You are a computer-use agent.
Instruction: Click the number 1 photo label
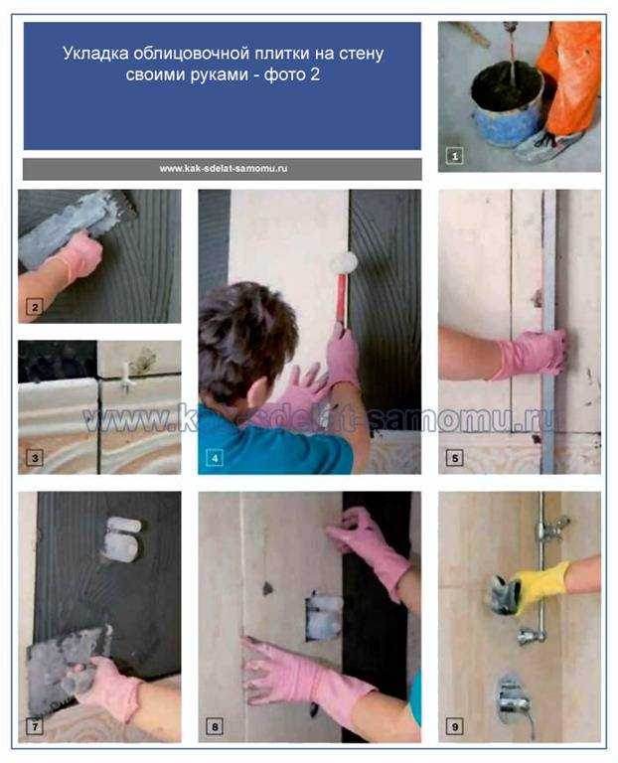coord(454,156)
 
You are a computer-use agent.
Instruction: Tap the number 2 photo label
coord(35,308)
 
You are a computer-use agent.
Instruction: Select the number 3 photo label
coord(35,458)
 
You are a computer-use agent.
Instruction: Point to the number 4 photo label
coord(215,458)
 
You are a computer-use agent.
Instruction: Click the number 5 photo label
coord(454,458)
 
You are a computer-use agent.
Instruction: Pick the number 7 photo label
coord(35,727)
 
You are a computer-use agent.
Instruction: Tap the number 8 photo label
coord(215,727)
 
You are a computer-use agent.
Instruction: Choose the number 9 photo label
coord(454,727)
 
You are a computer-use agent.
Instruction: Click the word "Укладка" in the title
coord(95,54)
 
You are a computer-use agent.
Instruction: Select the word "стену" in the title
coord(361,54)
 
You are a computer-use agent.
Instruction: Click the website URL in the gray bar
coord(223,169)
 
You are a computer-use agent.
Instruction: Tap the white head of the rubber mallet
coord(344,263)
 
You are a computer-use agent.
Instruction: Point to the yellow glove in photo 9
coord(541,583)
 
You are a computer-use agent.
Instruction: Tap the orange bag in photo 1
coord(571,76)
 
